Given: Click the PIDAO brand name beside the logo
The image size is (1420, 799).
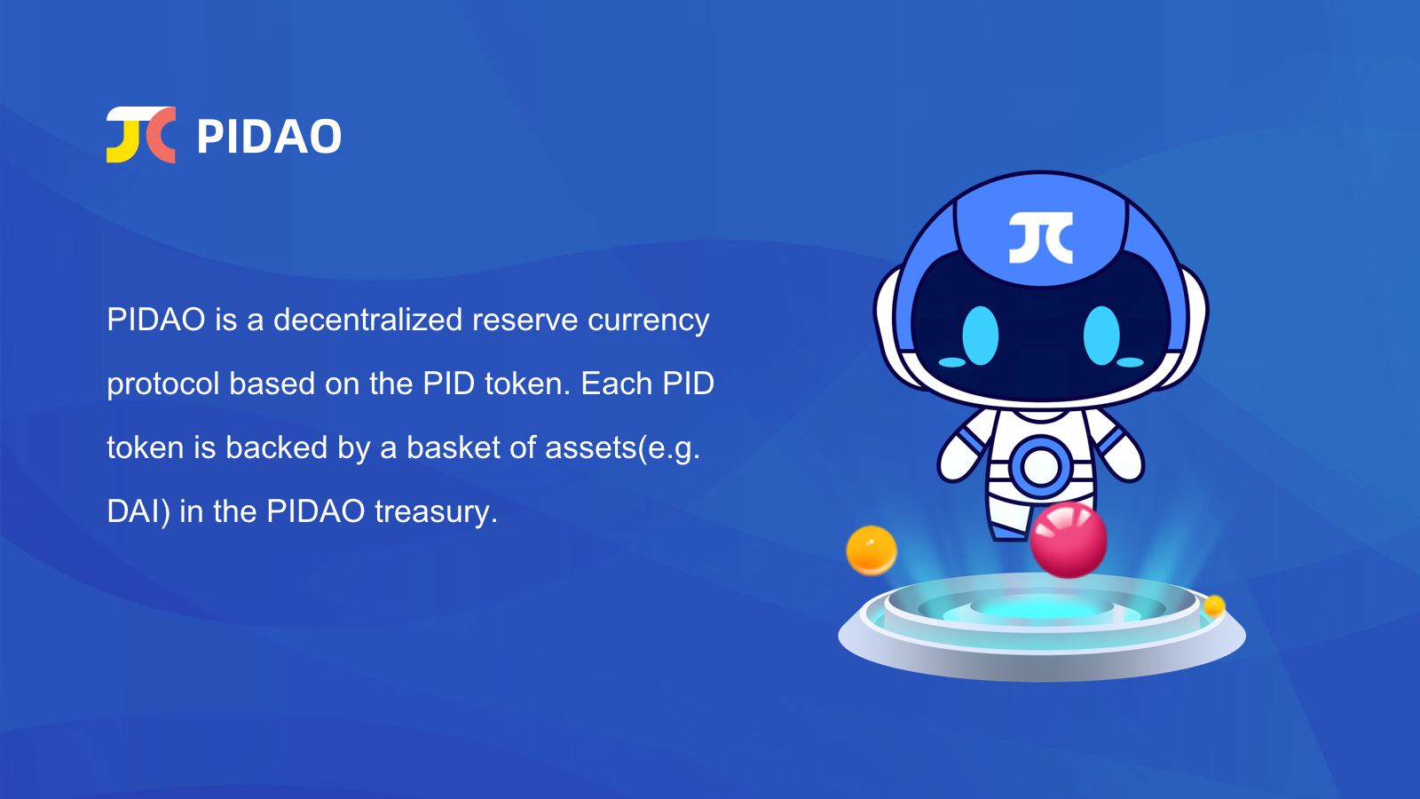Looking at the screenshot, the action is tap(269, 137).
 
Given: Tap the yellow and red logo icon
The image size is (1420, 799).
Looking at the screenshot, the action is tap(141, 134).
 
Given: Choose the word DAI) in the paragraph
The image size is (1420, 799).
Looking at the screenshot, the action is tap(138, 512).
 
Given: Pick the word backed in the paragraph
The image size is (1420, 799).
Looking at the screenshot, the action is tap(276, 447).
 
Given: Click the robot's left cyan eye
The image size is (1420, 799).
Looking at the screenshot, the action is tap(980, 336).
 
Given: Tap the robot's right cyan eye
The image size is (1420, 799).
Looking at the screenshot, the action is tap(1101, 336).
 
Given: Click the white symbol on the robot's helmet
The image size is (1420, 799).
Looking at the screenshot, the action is tap(1041, 238).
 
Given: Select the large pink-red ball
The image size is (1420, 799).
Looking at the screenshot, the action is tap(1069, 540).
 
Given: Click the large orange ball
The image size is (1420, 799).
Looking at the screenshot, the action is tap(871, 550).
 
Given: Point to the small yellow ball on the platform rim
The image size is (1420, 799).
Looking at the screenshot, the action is tap(1214, 606).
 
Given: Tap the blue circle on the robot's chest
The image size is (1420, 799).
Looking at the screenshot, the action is tap(1040, 466).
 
